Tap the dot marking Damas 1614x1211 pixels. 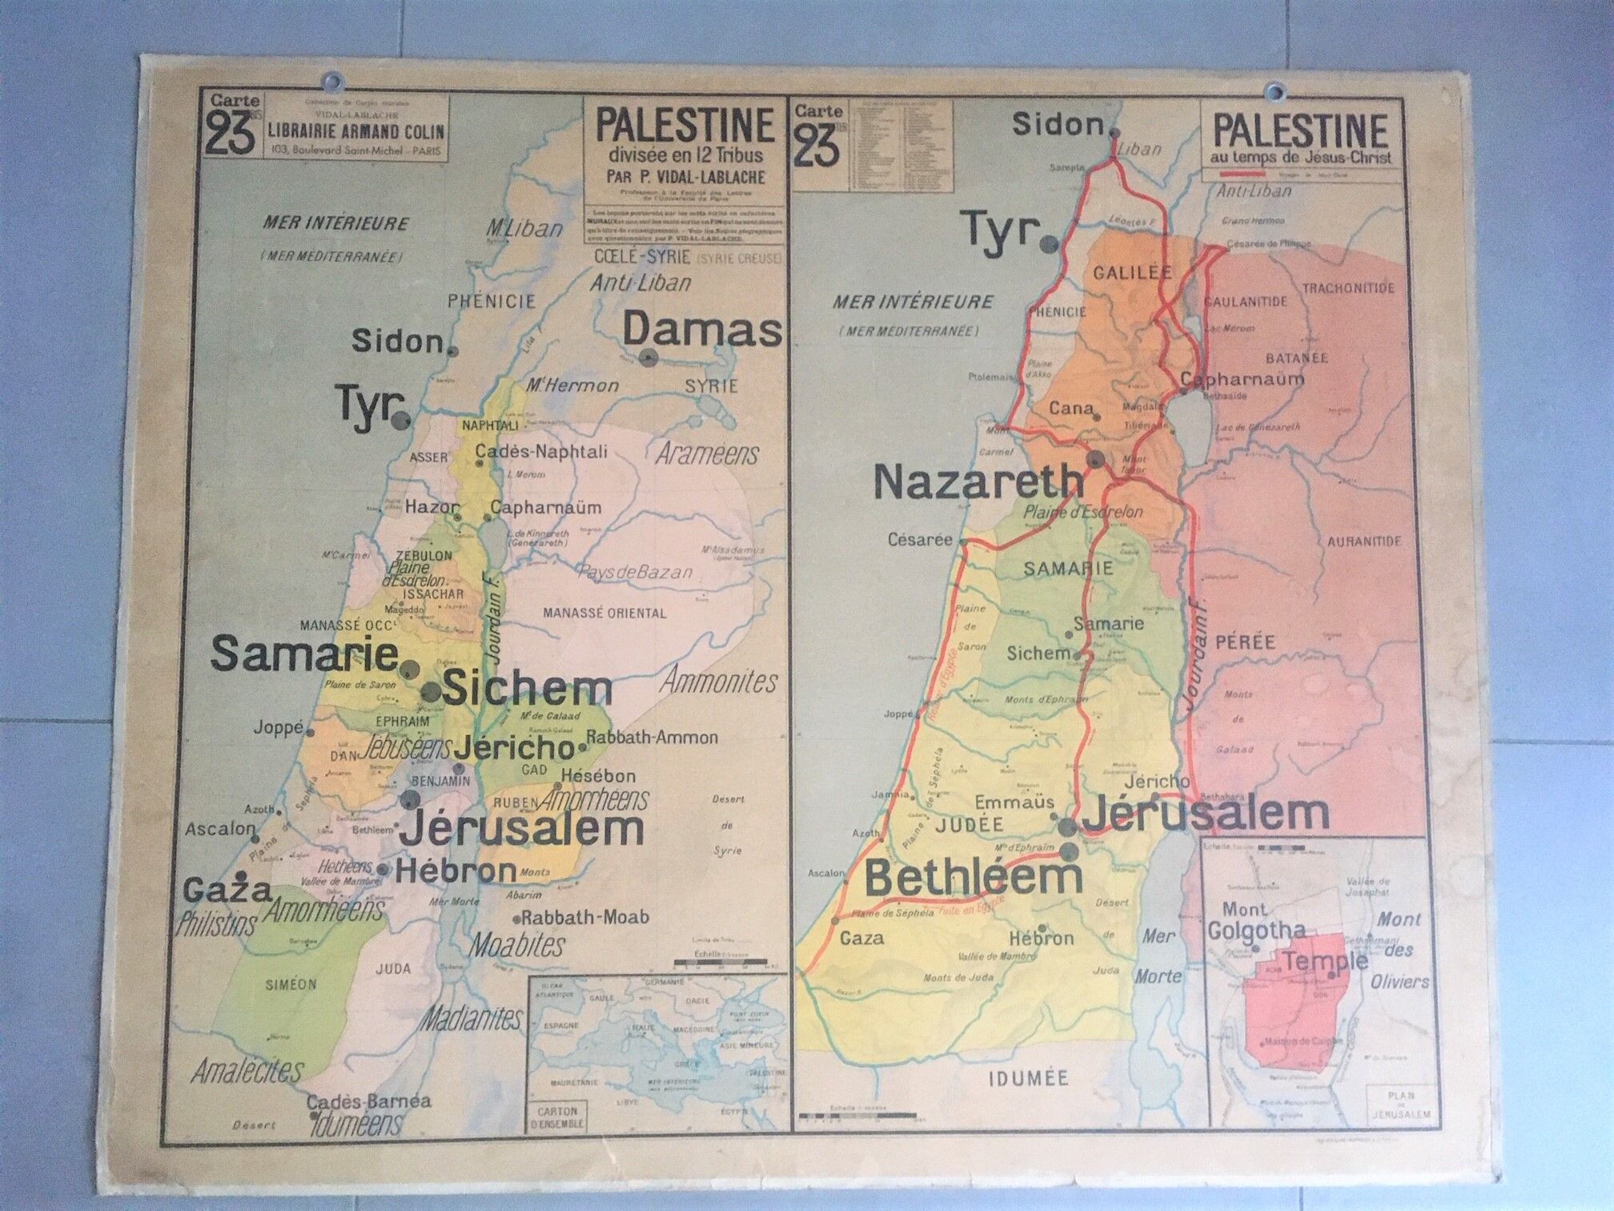pos(648,358)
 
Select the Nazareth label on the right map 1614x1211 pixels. pos(978,482)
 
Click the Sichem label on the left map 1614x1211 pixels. pos(527,689)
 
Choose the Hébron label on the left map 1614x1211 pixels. pos(456,871)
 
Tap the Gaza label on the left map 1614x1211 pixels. pos(227,890)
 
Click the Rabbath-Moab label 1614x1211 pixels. pos(586,917)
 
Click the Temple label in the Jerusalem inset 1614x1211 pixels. pos(1325,962)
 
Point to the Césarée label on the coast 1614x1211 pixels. pos(920,540)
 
